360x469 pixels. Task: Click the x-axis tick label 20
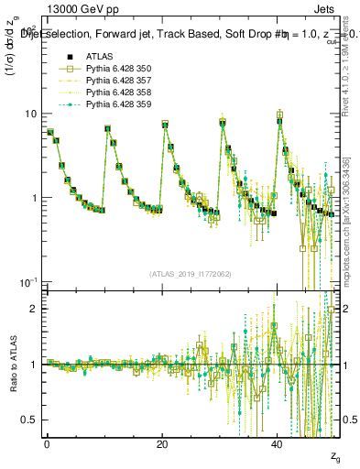pos(162,442)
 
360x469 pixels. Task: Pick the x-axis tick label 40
pos(278,442)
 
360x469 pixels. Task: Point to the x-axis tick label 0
pos(46,442)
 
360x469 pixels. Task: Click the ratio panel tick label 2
pos(34,309)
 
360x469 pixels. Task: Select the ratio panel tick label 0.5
pos(29,420)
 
